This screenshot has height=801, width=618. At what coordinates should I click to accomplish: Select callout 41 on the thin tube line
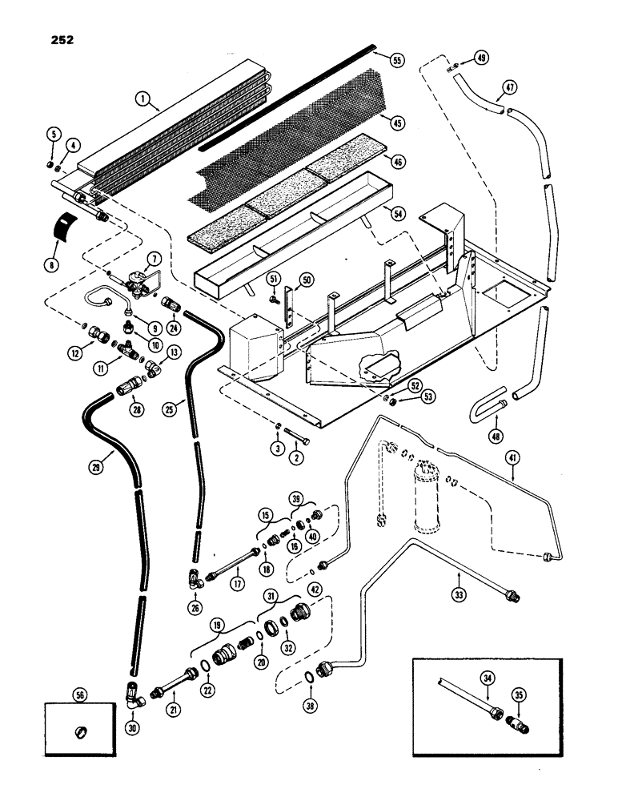pyautogui.click(x=512, y=457)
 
